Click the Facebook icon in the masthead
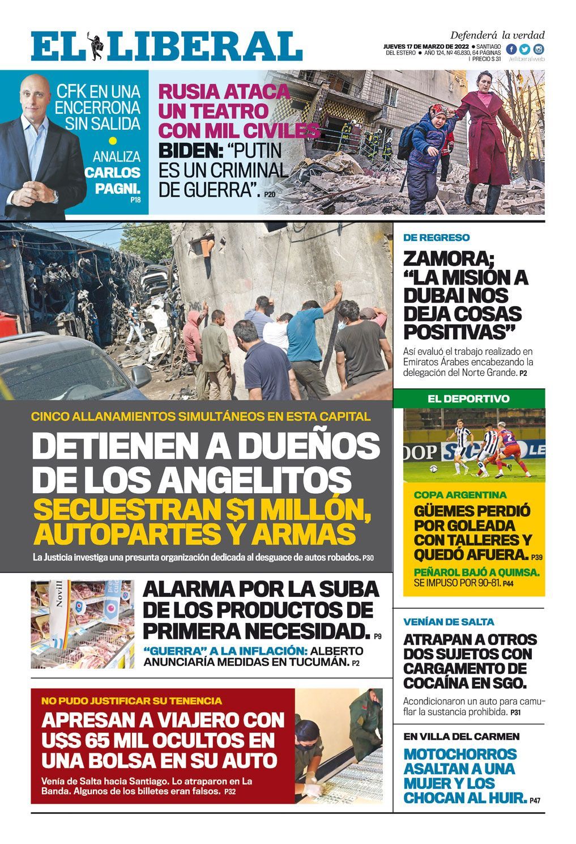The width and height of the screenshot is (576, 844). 511,49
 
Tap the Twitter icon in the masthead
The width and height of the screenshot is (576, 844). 524,49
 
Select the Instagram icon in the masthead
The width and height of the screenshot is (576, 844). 539,49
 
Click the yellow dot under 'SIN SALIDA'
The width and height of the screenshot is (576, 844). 113,141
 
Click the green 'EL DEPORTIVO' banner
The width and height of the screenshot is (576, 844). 468,398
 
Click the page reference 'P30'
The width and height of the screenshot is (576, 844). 368,558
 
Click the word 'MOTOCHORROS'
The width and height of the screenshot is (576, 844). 460,754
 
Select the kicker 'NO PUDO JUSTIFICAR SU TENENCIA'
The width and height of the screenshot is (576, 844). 131,701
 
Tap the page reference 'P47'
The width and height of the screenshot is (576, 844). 535,801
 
